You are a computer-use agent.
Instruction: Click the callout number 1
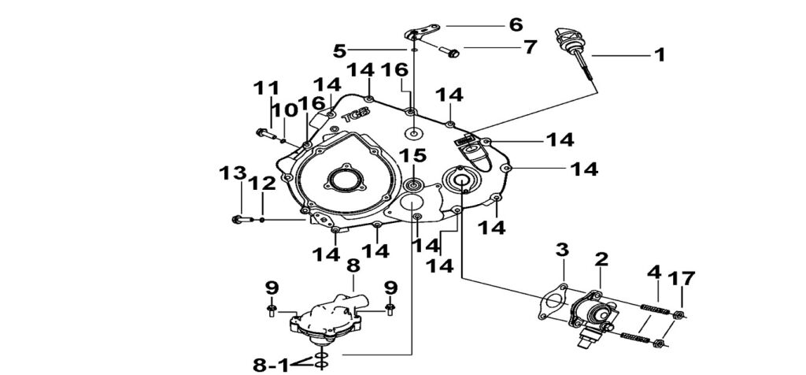point(660,55)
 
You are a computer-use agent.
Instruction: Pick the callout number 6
point(516,24)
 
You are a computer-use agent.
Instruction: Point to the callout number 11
point(265,88)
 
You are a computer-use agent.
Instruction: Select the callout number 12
point(263,184)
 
